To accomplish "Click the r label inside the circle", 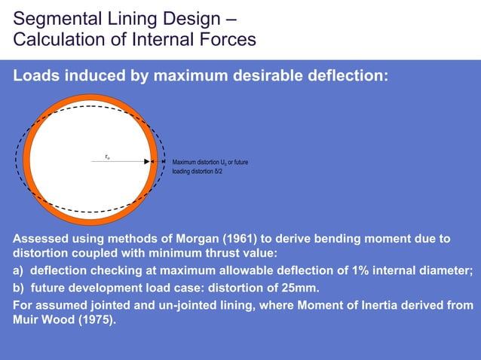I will [109, 157].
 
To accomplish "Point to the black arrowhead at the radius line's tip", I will [148, 161].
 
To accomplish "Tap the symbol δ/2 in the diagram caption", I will [216, 172].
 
